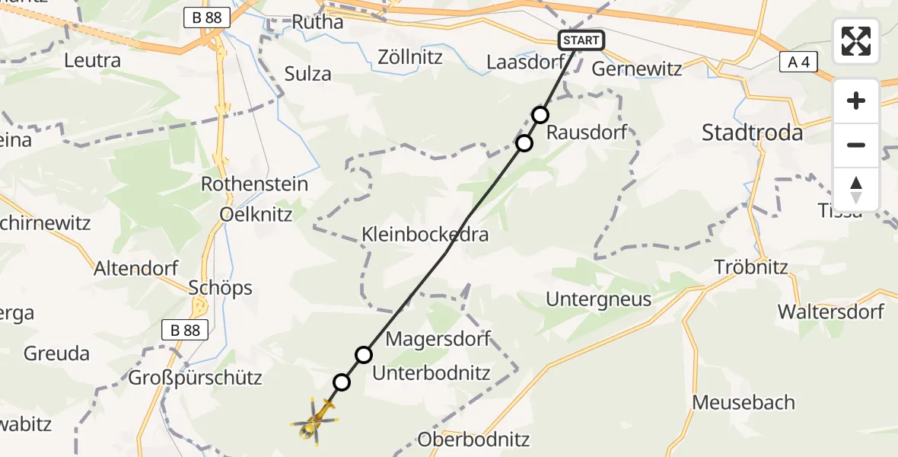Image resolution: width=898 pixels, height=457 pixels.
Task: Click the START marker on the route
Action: click(582, 40)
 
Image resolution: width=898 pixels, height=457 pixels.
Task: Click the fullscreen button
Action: click(856, 41)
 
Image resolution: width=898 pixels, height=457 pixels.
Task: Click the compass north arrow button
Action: click(856, 190)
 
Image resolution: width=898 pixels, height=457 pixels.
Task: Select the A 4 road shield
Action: click(798, 63)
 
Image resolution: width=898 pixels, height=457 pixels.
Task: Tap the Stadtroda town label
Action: click(752, 133)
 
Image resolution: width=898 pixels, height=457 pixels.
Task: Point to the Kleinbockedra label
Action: click(425, 235)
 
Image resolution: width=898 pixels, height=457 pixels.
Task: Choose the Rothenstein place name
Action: click(254, 184)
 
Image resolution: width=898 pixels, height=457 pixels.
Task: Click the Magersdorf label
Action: click(438, 338)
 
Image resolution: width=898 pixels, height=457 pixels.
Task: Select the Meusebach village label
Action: click(744, 403)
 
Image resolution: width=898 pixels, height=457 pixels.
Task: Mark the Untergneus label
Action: click(598, 299)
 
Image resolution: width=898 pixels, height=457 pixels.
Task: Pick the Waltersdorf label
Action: click(830, 312)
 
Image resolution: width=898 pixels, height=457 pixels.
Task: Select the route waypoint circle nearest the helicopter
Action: click(342, 382)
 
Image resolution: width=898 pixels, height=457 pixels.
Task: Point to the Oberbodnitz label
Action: click(473, 439)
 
